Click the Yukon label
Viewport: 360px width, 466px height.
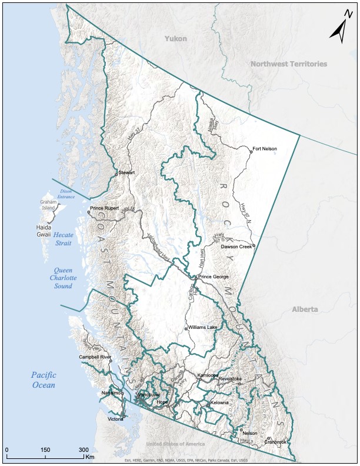(x=176, y=39)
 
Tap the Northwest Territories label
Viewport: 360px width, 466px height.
(x=288, y=64)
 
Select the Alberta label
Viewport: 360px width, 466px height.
(x=305, y=309)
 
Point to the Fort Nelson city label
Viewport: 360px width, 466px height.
(x=265, y=149)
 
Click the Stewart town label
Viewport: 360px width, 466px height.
(x=127, y=172)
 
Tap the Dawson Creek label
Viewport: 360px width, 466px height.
(x=236, y=247)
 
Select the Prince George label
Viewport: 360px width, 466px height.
(x=213, y=277)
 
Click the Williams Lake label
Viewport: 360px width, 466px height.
(x=203, y=327)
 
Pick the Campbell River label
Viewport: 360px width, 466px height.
(x=95, y=357)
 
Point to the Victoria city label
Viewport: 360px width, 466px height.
(x=116, y=419)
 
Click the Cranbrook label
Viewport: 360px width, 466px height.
(x=276, y=441)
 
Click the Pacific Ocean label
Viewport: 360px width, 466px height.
(x=43, y=380)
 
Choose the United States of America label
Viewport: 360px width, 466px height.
(x=175, y=444)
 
